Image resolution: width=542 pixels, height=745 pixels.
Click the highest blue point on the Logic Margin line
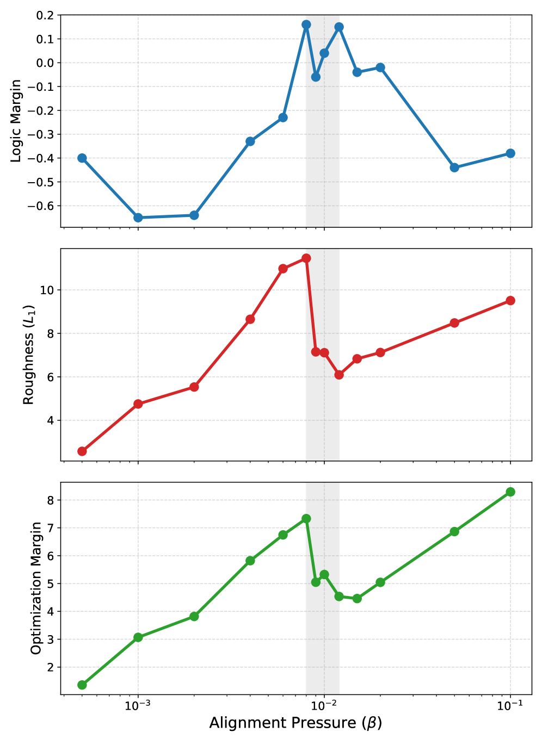(x=306, y=24)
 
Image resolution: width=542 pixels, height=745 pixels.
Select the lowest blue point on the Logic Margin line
(x=138, y=218)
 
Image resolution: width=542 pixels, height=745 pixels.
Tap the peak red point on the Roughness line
(x=306, y=258)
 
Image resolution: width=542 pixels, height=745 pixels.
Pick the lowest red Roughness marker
(x=82, y=451)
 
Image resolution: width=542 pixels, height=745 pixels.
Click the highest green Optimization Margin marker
(x=510, y=492)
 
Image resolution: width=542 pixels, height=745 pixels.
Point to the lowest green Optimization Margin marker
(x=82, y=685)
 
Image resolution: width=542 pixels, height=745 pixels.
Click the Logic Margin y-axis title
(x=16, y=121)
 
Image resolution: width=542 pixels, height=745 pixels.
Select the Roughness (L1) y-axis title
(x=29, y=355)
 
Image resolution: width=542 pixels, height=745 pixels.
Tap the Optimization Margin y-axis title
(x=36, y=588)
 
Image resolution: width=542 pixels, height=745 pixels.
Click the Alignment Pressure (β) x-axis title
(x=295, y=723)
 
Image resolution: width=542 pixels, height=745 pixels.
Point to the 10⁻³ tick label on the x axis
(x=138, y=705)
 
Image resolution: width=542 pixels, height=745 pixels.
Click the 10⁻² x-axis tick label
(x=324, y=705)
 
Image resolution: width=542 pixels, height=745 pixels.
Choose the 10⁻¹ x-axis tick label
(x=510, y=705)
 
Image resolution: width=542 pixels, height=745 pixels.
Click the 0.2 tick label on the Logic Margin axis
(x=46, y=15)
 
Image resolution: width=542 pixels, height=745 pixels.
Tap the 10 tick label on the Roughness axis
(x=47, y=290)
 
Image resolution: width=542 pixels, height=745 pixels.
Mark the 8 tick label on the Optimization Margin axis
(x=51, y=500)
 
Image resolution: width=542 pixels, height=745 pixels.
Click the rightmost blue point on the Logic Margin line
(x=510, y=153)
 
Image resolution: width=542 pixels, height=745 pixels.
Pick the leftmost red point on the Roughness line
(x=82, y=451)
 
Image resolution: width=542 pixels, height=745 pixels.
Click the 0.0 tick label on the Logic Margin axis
(x=46, y=63)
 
